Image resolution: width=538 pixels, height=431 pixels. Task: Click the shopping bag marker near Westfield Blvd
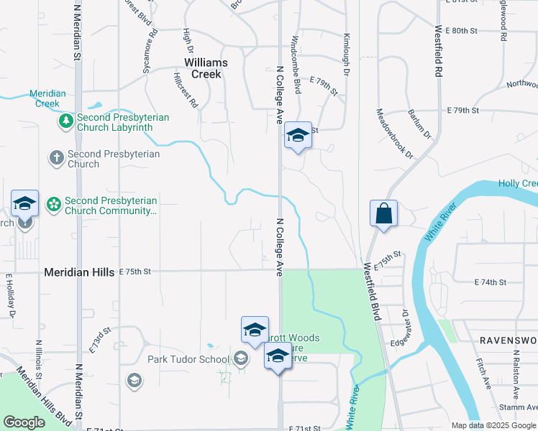click(384, 214)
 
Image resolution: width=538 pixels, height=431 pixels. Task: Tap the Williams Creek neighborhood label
click(206, 68)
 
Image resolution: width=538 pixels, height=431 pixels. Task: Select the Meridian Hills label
click(78, 272)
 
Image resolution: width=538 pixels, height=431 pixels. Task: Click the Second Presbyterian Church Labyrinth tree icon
click(65, 122)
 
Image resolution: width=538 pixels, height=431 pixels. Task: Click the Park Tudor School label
click(188, 359)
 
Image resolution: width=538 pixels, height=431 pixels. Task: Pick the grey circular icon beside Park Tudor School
click(240, 358)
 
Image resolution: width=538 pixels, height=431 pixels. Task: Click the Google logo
click(24, 422)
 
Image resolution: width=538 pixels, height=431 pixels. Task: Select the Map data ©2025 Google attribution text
click(493, 425)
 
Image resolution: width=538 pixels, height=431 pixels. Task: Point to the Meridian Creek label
click(48, 98)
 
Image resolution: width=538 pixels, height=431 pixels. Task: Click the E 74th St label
click(491, 282)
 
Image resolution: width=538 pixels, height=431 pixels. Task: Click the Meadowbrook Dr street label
click(396, 134)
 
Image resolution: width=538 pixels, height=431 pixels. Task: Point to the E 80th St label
click(461, 31)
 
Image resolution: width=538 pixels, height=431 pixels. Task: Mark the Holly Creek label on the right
click(518, 184)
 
